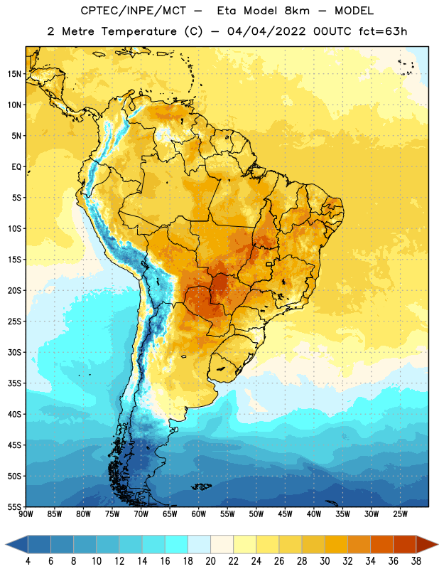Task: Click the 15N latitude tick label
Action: point(14,74)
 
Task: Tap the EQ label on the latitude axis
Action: point(16,167)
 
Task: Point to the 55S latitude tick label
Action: point(14,506)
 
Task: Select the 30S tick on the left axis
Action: point(14,352)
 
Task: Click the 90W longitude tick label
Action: point(26,514)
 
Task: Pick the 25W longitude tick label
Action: point(400,514)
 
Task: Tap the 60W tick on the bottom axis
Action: point(199,514)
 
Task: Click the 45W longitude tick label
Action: point(285,514)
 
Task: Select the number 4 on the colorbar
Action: point(28,561)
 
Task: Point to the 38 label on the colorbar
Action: point(416,561)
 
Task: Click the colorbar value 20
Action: point(210,561)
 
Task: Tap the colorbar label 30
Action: point(325,561)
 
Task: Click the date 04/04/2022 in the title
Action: point(266,31)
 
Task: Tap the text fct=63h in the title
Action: point(383,31)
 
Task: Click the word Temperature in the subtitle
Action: point(139,31)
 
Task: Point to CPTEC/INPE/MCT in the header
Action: point(134,11)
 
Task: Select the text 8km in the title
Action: point(297,11)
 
